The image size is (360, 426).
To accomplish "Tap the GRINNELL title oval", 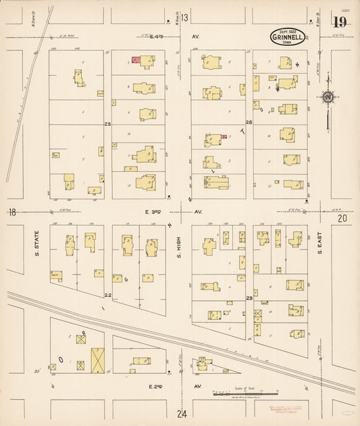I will pos(288,37).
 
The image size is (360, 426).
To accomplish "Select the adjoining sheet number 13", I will pos(184,17).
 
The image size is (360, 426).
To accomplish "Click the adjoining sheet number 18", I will pos(11,212).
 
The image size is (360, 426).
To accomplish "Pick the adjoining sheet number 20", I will pos(342,218).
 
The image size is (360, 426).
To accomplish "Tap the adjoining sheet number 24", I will pos(182,413).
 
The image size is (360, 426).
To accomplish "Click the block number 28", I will pos(249,122).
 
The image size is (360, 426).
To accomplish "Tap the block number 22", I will pos(107,295).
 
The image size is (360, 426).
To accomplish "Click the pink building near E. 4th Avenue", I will pos(136,61).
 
